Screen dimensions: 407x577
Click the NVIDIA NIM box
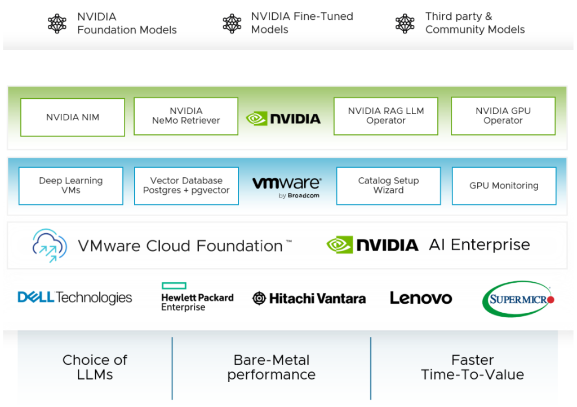[x=73, y=117]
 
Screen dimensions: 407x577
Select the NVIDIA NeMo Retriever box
[x=186, y=116]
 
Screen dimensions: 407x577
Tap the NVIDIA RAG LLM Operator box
[x=386, y=116]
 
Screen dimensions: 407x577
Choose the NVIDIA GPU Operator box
[x=503, y=116]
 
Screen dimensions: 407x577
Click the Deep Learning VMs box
[x=71, y=186]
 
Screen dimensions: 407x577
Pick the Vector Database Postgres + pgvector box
[x=187, y=186]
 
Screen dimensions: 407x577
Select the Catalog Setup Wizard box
[x=389, y=186]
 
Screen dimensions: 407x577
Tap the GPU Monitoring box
[x=504, y=186]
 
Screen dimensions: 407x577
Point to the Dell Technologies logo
[x=75, y=297]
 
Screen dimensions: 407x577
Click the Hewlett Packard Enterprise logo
[x=197, y=297]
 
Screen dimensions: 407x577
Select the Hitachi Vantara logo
[x=309, y=298]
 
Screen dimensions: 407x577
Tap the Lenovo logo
[x=421, y=298]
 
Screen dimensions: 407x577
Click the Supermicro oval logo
[x=518, y=299]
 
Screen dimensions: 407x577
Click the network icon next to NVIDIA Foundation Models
[x=57, y=23]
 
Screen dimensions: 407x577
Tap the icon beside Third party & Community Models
[x=405, y=23]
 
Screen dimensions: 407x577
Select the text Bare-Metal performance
[x=272, y=367]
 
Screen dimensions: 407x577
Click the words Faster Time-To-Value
[x=472, y=367]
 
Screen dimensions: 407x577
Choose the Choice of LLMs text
[x=95, y=367]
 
